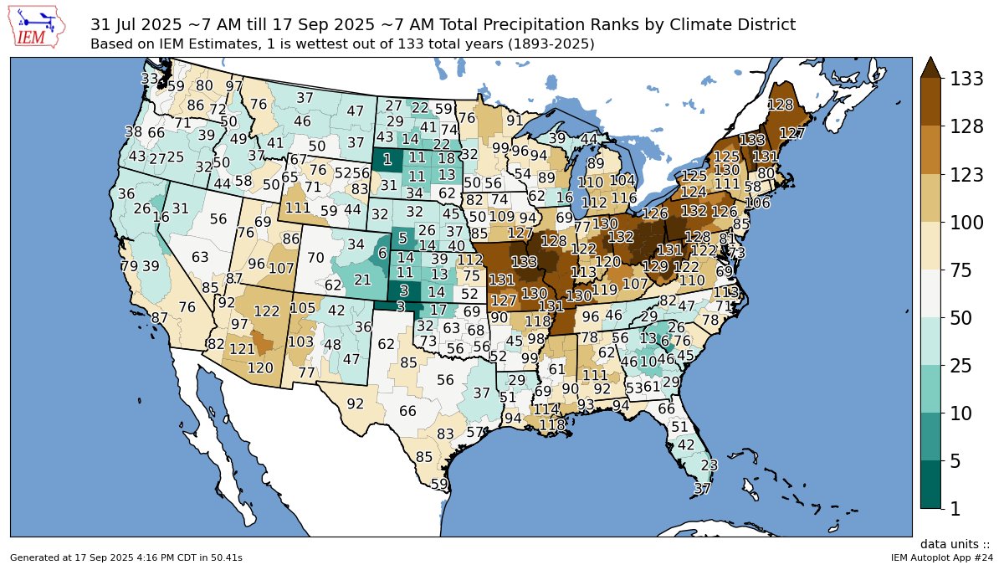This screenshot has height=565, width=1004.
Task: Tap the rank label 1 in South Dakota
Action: point(387,159)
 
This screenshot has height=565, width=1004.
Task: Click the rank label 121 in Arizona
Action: point(242,348)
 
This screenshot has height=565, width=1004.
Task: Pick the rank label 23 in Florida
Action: point(709,465)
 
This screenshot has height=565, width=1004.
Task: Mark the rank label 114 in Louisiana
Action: point(546,409)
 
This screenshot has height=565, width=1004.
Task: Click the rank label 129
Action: point(656,266)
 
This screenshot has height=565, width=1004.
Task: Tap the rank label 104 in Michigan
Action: point(623,180)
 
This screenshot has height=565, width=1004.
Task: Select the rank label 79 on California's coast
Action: point(129,266)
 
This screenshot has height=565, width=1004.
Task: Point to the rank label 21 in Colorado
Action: point(362,280)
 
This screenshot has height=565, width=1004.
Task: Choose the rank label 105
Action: point(302,308)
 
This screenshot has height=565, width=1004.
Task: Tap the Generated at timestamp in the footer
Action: point(125,557)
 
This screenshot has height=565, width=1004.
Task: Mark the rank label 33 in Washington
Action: point(150,79)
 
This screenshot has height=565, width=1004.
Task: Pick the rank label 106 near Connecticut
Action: point(757,203)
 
